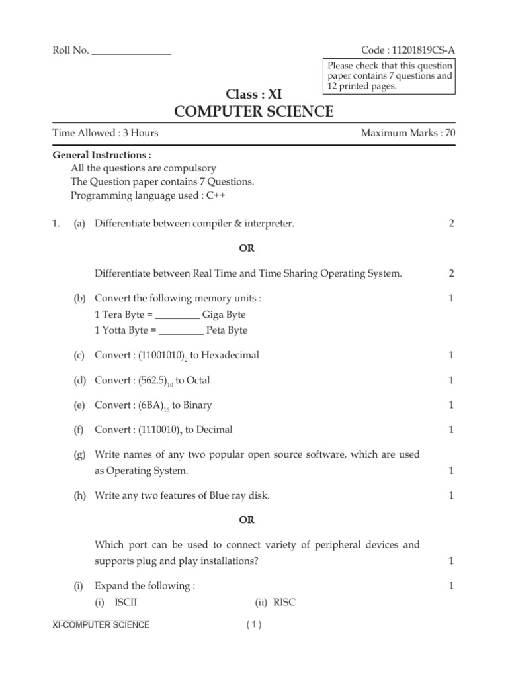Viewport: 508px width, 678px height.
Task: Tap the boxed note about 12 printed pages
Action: pyautogui.click(x=389, y=75)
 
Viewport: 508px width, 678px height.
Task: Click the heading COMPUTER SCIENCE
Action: pyautogui.click(x=254, y=111)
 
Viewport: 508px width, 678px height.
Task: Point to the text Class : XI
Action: pyautogui.click(x=254, y=94)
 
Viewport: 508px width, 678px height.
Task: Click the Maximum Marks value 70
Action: pyautogui.click(x=450, y=133)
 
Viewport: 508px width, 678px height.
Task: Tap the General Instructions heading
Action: pyautogui.click(x=102, y=155)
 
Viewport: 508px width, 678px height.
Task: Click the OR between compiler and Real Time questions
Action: pyautogui.click(x=246, y=248)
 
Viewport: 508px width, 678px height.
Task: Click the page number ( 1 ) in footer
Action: pyautogui.click(x=254, y=624)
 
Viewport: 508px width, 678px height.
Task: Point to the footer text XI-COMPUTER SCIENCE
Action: pyautogui.click(x=101, y=624)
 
